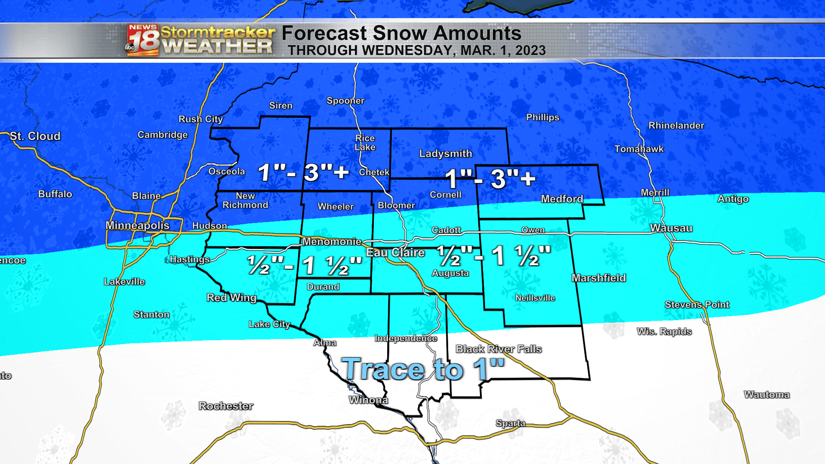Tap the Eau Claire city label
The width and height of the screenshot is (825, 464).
pos(395,253)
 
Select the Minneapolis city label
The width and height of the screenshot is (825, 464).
pos(137,226)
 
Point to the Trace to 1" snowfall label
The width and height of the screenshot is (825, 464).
pos(423,369)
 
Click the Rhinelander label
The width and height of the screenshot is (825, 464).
pos(676,125)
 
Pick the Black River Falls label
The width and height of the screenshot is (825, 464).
pos(498,349)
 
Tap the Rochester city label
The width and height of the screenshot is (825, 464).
pos(226,406)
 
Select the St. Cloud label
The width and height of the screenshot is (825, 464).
pos(35,136)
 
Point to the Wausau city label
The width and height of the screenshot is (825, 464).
pos(671,228)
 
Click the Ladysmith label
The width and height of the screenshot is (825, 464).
pos(446,154)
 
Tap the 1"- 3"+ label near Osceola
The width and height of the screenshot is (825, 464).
pos(303,173)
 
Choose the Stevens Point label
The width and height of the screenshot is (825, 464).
pos(697,305)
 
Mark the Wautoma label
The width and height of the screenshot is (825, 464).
pos(767,394)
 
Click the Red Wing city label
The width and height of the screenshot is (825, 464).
pos(232,298)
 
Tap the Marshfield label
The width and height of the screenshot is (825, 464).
pos(599,278)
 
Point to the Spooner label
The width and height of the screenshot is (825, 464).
pos(345,101)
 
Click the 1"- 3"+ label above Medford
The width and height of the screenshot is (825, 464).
pos(490,179)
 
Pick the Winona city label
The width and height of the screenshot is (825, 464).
pos(368,400)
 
